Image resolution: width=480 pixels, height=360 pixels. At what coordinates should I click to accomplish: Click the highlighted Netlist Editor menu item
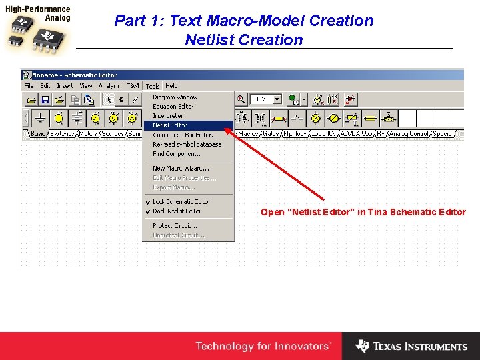pos(170,125)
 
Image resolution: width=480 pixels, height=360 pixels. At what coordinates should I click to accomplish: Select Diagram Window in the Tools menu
pos(175,97)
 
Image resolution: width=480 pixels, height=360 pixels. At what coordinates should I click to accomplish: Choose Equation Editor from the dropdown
pos(173,106)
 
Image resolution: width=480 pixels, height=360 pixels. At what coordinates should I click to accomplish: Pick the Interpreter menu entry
pos(168,115)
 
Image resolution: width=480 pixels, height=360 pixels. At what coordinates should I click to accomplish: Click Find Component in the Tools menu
pos(177,153)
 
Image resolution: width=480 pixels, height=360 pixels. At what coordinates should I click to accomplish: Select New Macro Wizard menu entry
pos(181,168)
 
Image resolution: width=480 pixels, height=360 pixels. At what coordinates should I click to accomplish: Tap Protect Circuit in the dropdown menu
pos(175,225)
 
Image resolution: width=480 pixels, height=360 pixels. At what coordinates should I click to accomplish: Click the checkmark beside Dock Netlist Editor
pos(148,211)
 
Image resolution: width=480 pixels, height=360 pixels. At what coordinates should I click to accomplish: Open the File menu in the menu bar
pos(29,86)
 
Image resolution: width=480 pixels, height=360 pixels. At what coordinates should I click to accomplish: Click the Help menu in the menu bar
pos(171,86)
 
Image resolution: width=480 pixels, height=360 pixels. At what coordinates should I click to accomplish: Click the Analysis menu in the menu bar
pos(109,86)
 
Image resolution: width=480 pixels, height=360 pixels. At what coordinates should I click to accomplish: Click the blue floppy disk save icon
pos(45,99)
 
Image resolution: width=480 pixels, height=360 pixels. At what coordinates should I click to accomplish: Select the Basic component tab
pos(38,134)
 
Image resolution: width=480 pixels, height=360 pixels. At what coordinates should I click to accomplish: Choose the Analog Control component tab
pos(409,134)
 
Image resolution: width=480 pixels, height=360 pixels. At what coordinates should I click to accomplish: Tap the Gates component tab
pos(271,134)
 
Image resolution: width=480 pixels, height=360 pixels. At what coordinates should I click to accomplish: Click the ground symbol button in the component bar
pos(41,119)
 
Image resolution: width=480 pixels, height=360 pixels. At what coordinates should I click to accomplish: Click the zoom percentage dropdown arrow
pos(277,99)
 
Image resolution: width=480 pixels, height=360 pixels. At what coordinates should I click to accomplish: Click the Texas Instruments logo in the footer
pos(411,347)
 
